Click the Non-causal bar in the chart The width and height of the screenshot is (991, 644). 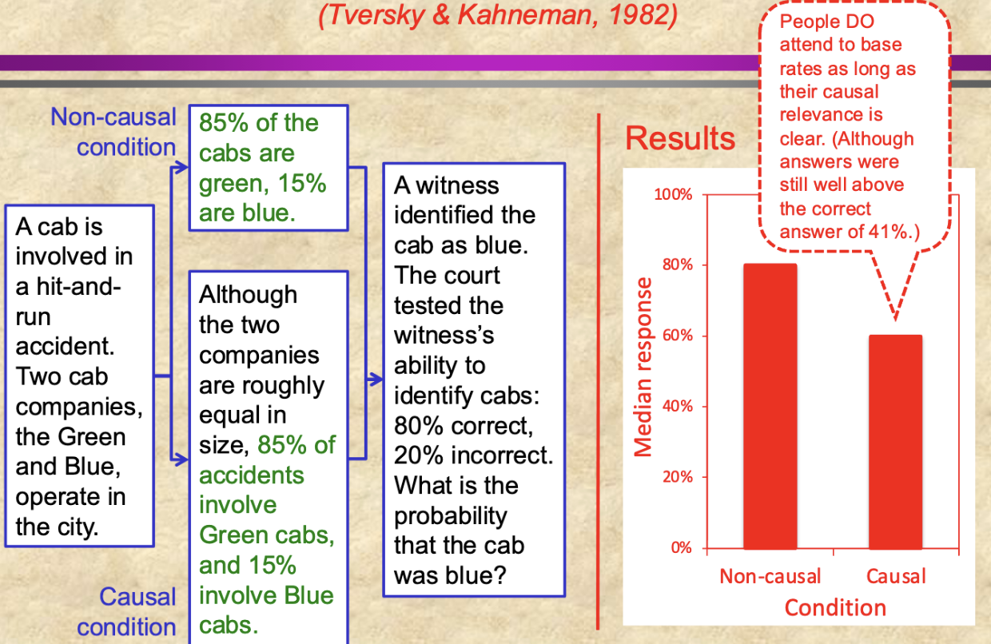tap(770, 406)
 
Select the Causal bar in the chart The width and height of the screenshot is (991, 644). tap(895, 441)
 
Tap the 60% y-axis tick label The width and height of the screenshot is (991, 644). tap(675, 336)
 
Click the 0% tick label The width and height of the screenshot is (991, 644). tap(681, 548)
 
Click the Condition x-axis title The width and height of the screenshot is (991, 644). tap(835, 608)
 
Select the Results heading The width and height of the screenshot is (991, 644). tap(679, 138)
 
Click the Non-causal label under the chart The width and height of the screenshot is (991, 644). tap(770, 576)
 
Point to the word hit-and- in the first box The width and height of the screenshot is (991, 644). tap(68, 287)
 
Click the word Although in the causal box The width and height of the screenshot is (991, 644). tap(248, 295)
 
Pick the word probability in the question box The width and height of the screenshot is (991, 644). tap(450, 515)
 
